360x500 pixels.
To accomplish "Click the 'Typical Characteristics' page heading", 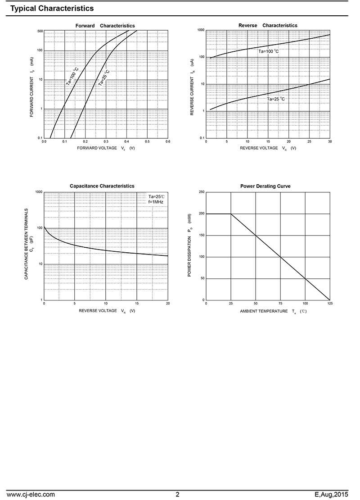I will click(x=52, y=9).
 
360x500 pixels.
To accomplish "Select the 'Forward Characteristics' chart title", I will click(x=105, y=26).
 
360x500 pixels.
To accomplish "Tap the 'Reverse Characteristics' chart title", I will click(x=268, y=26).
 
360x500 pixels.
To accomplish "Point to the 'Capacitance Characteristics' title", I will click(x=102, y=186).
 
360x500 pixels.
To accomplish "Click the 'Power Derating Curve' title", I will click(x=265, y=186).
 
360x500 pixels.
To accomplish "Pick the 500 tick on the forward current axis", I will click(x=40, y=31).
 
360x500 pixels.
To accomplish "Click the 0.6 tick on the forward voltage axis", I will click(x=168, y=141).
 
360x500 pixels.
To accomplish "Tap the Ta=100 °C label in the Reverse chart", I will click(x=268, y=51).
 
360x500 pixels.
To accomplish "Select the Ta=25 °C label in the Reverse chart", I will click(x=276, y=99).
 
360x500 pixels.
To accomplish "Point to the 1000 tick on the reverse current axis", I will click(x=201, y=30).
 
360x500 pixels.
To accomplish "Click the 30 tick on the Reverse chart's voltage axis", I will click(x=330, y=141).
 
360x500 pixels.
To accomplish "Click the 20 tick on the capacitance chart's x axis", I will click(x=168, y=304).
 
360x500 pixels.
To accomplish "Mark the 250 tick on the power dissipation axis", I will click(x=201, y=192).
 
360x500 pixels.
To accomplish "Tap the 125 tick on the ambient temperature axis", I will click(x=330, y=304).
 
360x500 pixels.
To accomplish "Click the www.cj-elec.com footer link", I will click(x=31, y=495).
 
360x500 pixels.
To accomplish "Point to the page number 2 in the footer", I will click(x=178, y=495).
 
